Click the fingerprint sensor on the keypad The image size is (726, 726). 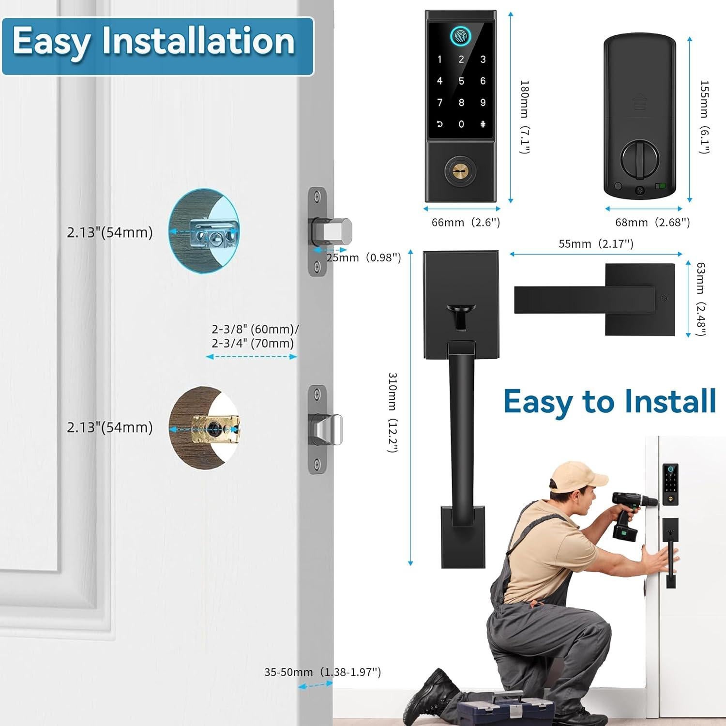pos(461,36)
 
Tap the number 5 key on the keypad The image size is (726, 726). pos(461,81)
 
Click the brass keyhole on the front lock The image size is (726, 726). pos(460,170)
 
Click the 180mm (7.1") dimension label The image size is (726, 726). pos(525,117)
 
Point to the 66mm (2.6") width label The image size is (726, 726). pos(466,222)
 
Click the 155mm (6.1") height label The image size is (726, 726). pos(704,117)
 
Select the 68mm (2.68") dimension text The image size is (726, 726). pos(652,222)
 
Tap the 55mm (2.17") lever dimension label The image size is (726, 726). pos(596,243)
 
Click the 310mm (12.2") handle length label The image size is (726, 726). pos(393,412)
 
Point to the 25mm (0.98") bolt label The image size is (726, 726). pos(363,257)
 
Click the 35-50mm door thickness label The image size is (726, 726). pos(322,672)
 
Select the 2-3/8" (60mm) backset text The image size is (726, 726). pos(255,330)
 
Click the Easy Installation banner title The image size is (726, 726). pos(154,42)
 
